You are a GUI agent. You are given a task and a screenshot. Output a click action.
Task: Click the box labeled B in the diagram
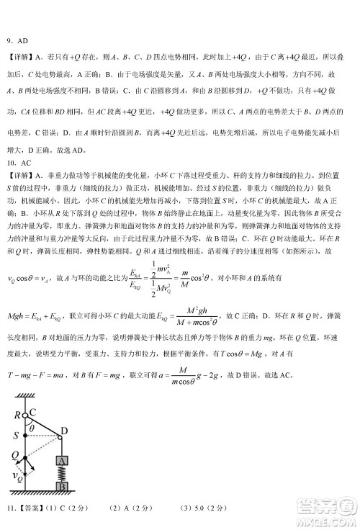click(63, 487)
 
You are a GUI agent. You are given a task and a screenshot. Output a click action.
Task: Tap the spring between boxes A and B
click(63, 475)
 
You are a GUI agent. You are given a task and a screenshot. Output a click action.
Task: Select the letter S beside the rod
click(16, 435)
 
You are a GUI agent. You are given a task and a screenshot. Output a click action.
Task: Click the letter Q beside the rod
click(15, 456)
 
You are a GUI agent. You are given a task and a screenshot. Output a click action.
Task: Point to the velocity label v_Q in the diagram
click(17, 477)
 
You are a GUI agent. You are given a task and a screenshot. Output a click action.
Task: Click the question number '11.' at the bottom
click(11, 509)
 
